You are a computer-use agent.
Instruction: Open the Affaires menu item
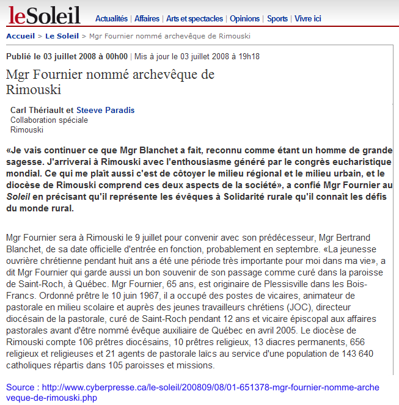147,19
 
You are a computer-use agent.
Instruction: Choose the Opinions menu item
245,19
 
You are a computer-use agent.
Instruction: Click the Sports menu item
277,19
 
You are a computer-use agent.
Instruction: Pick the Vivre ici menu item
308,19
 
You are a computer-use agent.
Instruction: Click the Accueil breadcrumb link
20,36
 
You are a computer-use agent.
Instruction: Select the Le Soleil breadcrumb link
62,36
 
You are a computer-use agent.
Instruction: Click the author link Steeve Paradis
105,111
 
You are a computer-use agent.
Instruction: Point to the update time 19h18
248,57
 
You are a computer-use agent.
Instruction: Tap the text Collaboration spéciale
49,120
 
